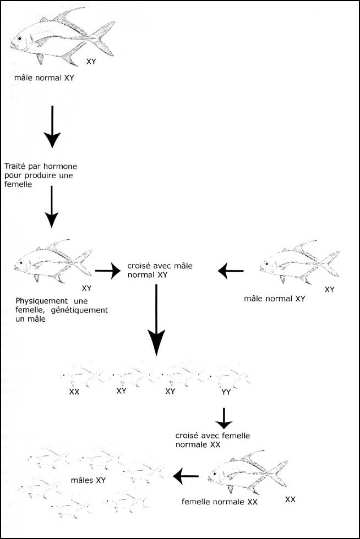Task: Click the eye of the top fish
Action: coord(20,39)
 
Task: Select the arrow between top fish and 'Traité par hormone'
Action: coord(52,127)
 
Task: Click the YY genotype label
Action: coord(226,392)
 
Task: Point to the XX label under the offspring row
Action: coord(74,392)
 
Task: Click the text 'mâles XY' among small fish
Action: coord(88,480)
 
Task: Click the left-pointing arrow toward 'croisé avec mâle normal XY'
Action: coord(231,271)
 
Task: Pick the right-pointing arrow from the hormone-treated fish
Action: coord(108,271)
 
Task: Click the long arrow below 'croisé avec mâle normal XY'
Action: coord(156,320)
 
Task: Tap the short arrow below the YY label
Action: coord(223,419)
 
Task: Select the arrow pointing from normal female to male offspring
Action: coord(186,476)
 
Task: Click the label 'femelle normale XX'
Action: coord(220,502)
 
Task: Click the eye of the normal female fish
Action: coord(215,474)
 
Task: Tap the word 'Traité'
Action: coord(14,166)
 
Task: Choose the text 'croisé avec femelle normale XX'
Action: coord(212,440)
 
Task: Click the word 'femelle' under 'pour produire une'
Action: coord(18,184)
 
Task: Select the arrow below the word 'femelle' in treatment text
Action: coord(52,207)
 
